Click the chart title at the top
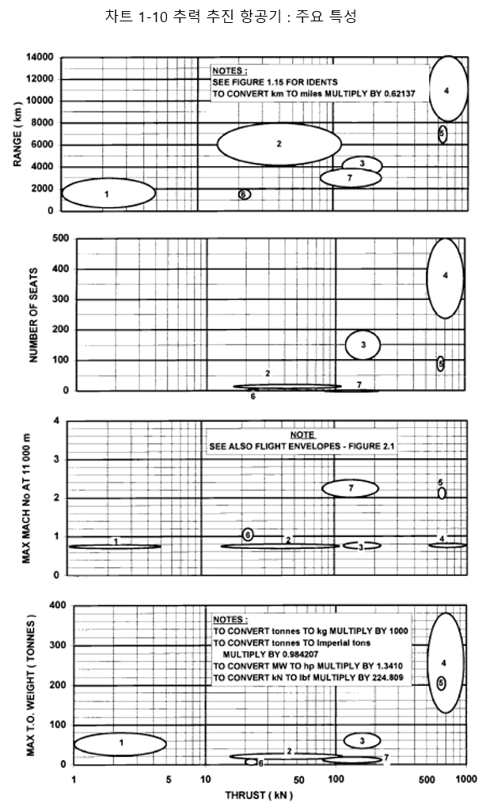230,17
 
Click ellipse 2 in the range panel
279,143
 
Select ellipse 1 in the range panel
108,193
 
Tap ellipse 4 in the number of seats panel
446,276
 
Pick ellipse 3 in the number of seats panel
363,345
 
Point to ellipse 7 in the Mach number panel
350,488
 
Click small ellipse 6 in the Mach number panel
248,535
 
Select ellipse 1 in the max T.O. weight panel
120,743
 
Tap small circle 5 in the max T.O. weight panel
441,682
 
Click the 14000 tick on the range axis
40,58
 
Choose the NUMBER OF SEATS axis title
34,314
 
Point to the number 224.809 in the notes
389,678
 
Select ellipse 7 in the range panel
351,177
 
